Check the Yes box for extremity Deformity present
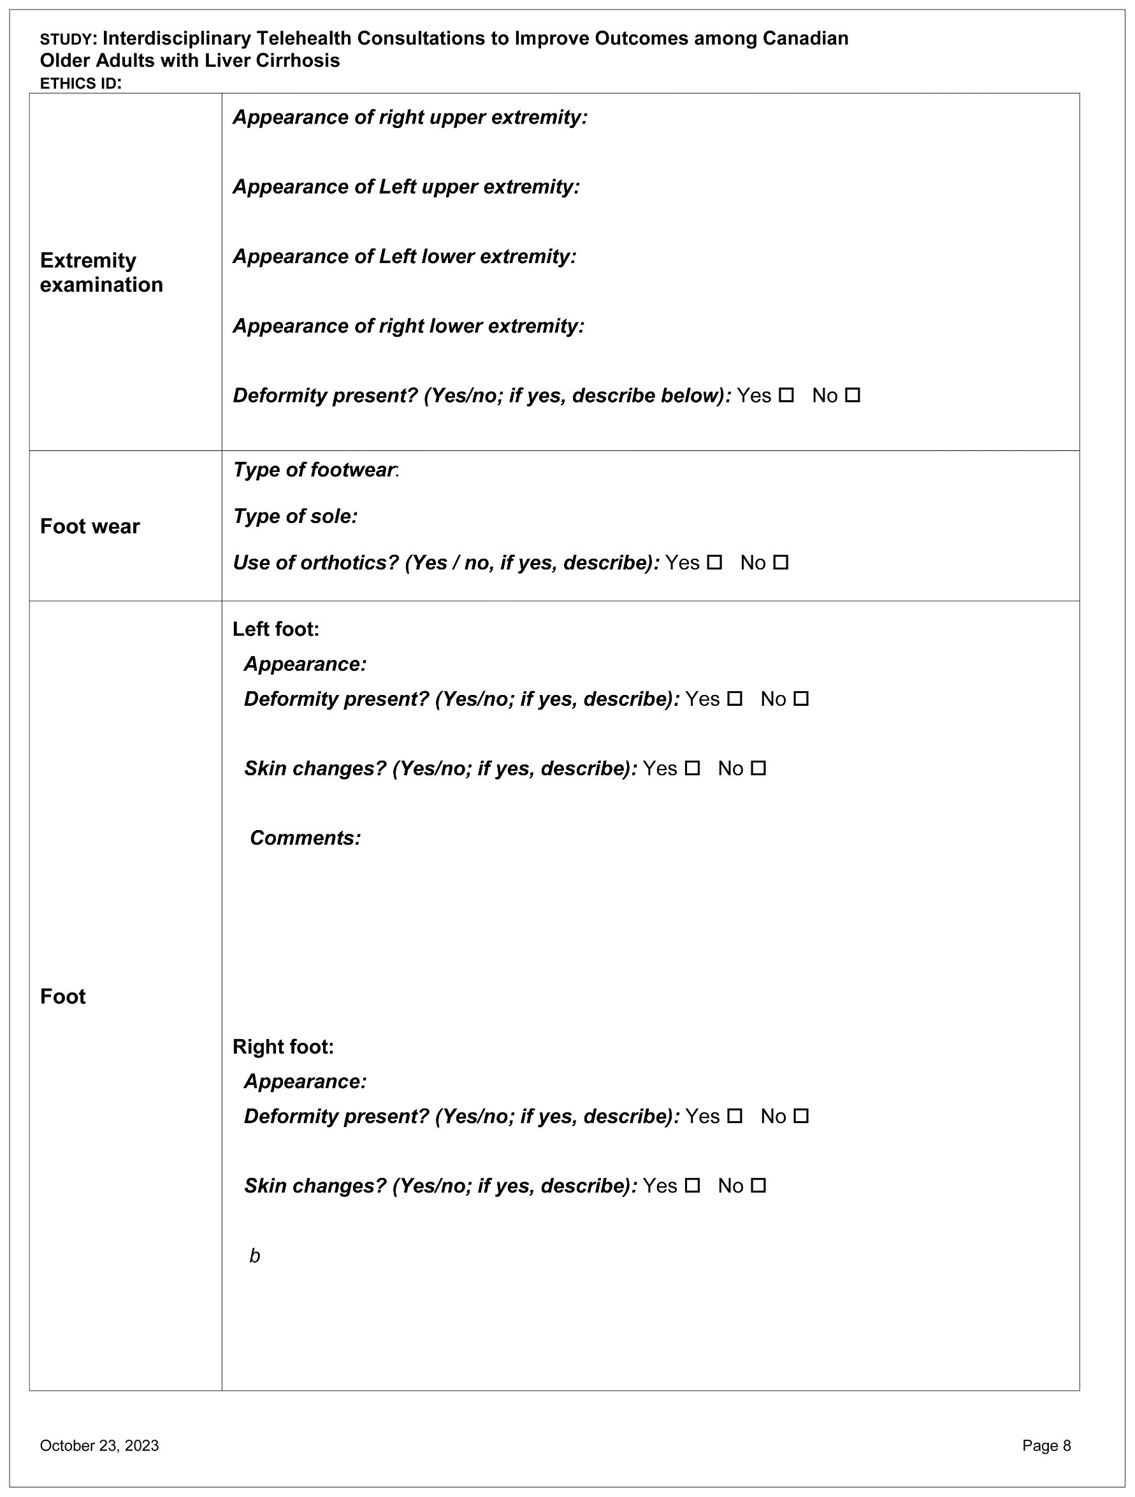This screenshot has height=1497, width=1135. (x=786, y=395)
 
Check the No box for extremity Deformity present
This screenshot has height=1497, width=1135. (x=853, y=395)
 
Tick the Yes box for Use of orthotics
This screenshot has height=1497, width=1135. (x=714, y=562)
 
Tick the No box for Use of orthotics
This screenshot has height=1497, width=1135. (x=781, y=562)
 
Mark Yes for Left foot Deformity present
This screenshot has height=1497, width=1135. (x=735, y=698)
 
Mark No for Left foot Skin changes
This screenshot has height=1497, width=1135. (x=758, y=768)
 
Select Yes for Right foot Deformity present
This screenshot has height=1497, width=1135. (x=735, y=1116)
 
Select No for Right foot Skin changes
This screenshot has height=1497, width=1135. (x=758, y=1185)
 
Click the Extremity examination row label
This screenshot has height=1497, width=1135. (x=101, y=272)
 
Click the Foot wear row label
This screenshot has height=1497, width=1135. (x=89, y=526)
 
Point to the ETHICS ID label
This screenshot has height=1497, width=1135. (x=80, y=84)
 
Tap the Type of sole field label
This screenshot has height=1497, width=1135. (x=295, y=517)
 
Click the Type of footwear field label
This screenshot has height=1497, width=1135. (x=314, y=469)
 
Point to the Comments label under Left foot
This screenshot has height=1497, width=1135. (x=305, y=838)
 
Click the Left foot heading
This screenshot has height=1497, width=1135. (x=275, y=629)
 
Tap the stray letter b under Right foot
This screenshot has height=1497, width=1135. (x=255, y=1256)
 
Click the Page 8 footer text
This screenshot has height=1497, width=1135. (x=1046, y=1445)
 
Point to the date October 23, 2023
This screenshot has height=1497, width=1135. (x=99, y=1445)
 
